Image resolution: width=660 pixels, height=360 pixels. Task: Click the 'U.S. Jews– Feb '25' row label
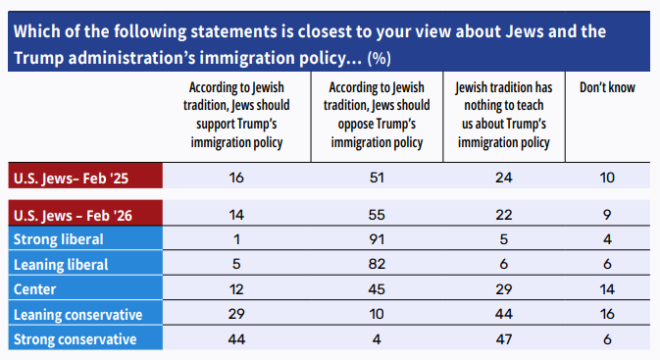(x=71, y=179)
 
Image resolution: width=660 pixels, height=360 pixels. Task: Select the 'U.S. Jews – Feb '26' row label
(x=73, y=216)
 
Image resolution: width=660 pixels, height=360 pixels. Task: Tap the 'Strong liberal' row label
(x=59, y=239)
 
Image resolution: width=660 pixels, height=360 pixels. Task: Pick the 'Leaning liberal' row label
(x=61, y=265)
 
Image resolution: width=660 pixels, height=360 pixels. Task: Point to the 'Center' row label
(x=35, y=289)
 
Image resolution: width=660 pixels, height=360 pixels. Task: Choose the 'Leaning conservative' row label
(x=77, y=315)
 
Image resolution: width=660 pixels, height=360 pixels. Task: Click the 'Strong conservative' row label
(x=75, y=339)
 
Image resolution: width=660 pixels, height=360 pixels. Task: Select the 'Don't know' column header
(x=607, y=87)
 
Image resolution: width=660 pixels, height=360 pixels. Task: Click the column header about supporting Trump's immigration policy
(x=236, y=115)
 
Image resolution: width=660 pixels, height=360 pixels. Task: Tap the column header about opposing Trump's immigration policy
(x=377, y=115)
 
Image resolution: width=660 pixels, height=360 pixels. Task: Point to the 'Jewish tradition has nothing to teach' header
(x=504, y=115)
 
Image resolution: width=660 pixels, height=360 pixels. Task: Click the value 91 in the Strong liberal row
(x=377, y=239)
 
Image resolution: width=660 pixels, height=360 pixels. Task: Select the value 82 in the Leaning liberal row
(x=377, y=264)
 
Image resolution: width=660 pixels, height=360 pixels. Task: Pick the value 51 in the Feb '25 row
(x=377, y=178)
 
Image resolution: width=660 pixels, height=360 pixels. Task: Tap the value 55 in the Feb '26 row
(x=377, y=215)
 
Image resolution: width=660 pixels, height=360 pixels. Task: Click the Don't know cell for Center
(x=607, y=289)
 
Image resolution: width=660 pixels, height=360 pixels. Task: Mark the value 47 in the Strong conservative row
(x=504, y=339)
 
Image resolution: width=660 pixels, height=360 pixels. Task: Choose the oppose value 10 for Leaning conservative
(x=377, y=314)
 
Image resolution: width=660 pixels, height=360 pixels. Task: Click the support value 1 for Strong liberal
(x=236, y=239)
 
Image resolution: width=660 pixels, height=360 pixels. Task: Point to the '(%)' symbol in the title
(x=380, y=58)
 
